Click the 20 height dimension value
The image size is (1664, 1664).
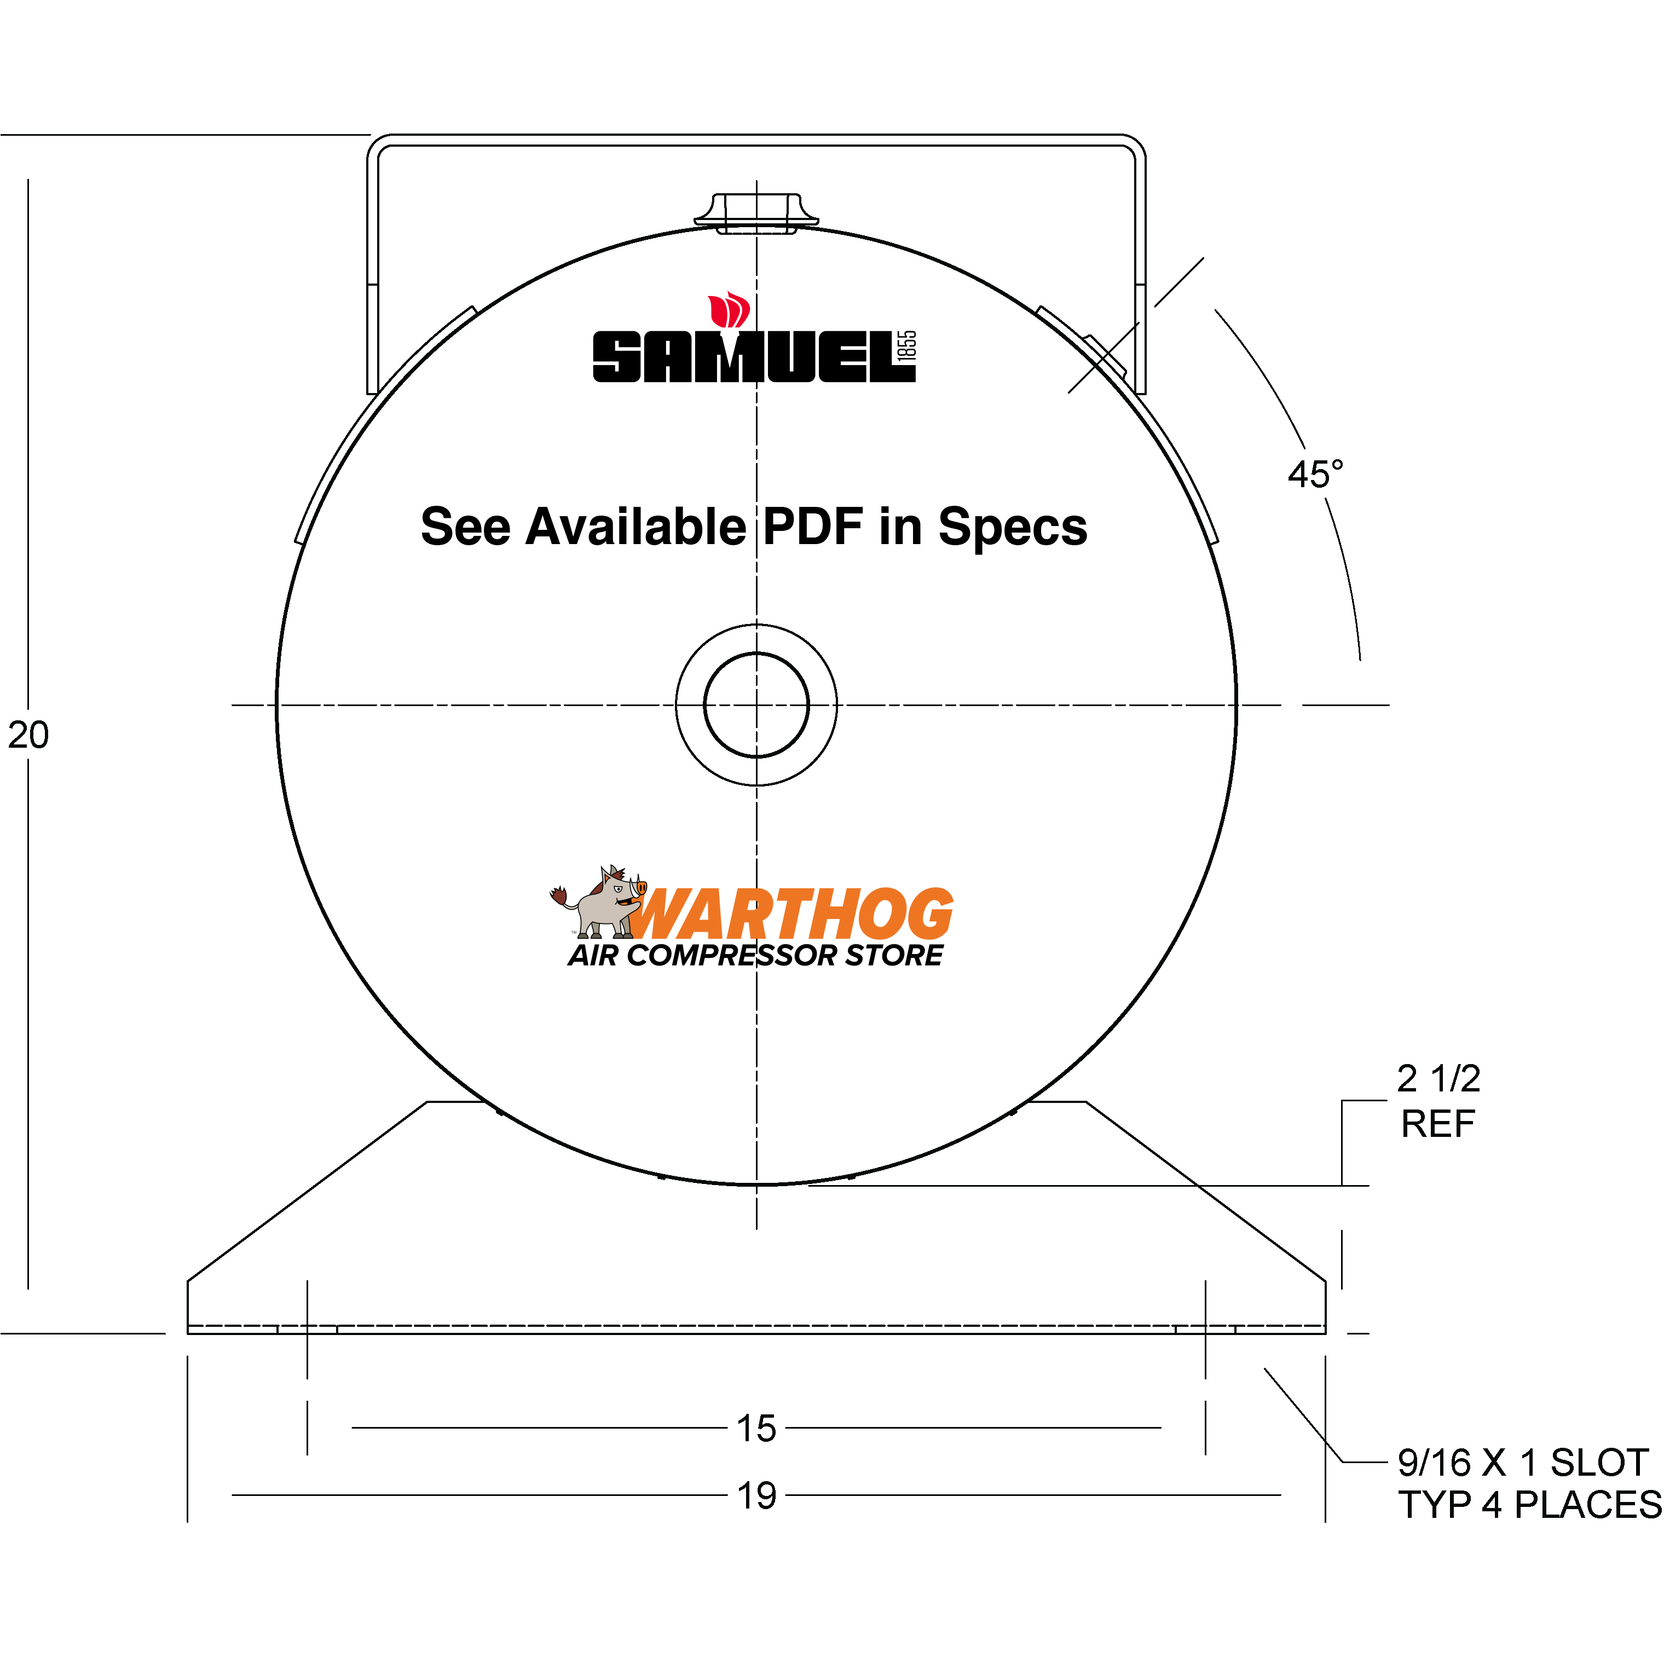(28, 735)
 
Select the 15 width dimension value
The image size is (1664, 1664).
(756, 1428)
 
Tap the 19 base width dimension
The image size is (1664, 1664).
(756, 1495)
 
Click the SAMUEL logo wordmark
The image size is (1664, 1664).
(745, 356)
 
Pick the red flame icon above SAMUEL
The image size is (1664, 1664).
(729, 310)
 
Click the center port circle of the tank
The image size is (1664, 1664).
(756, 704)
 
